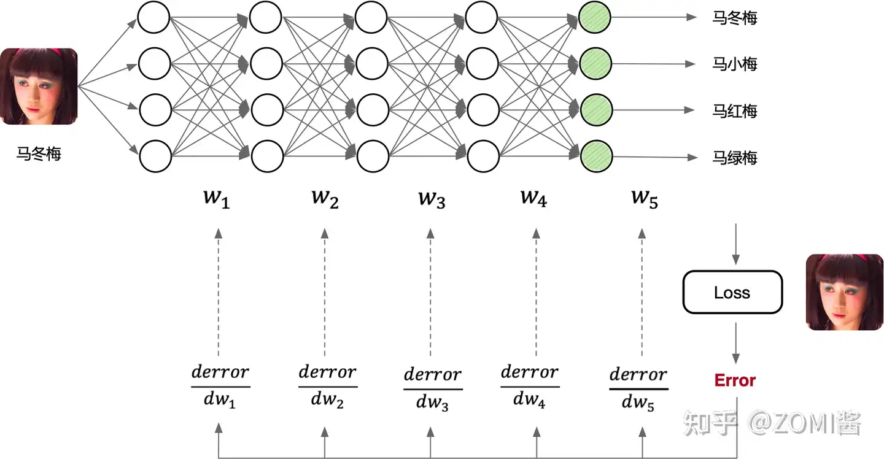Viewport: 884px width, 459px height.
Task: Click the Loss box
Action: coord(732,292)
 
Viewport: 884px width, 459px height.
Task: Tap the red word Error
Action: coord(735,380)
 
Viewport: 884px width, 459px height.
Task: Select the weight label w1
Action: coord(216,199)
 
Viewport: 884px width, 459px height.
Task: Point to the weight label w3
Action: coord(432,199)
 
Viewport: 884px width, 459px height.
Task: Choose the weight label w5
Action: coord(645,199)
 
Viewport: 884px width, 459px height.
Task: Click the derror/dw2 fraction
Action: coord(328,386)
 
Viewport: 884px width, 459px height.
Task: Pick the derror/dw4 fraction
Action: coord(530,386)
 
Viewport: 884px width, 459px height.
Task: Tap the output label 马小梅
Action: coord(734,64)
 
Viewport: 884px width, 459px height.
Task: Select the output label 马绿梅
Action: coord(734,158)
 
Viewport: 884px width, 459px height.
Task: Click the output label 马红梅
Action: coord(734,111)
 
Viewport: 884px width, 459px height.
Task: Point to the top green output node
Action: coord(594,17)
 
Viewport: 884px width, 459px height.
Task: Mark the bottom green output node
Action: coord(596,156)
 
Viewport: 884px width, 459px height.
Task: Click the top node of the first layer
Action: coord(153,17)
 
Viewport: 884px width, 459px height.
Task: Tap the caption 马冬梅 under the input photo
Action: coord(39,154)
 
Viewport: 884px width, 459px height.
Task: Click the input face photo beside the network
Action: coord(39,87)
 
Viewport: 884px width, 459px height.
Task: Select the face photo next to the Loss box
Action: coord(845,292)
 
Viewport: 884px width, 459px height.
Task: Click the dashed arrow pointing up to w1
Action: coord(219,292)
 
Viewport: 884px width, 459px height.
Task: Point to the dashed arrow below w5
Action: coord(642,292)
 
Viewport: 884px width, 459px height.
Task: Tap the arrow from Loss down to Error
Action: coord(735,343)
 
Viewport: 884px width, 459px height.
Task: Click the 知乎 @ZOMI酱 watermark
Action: coord(772,423)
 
